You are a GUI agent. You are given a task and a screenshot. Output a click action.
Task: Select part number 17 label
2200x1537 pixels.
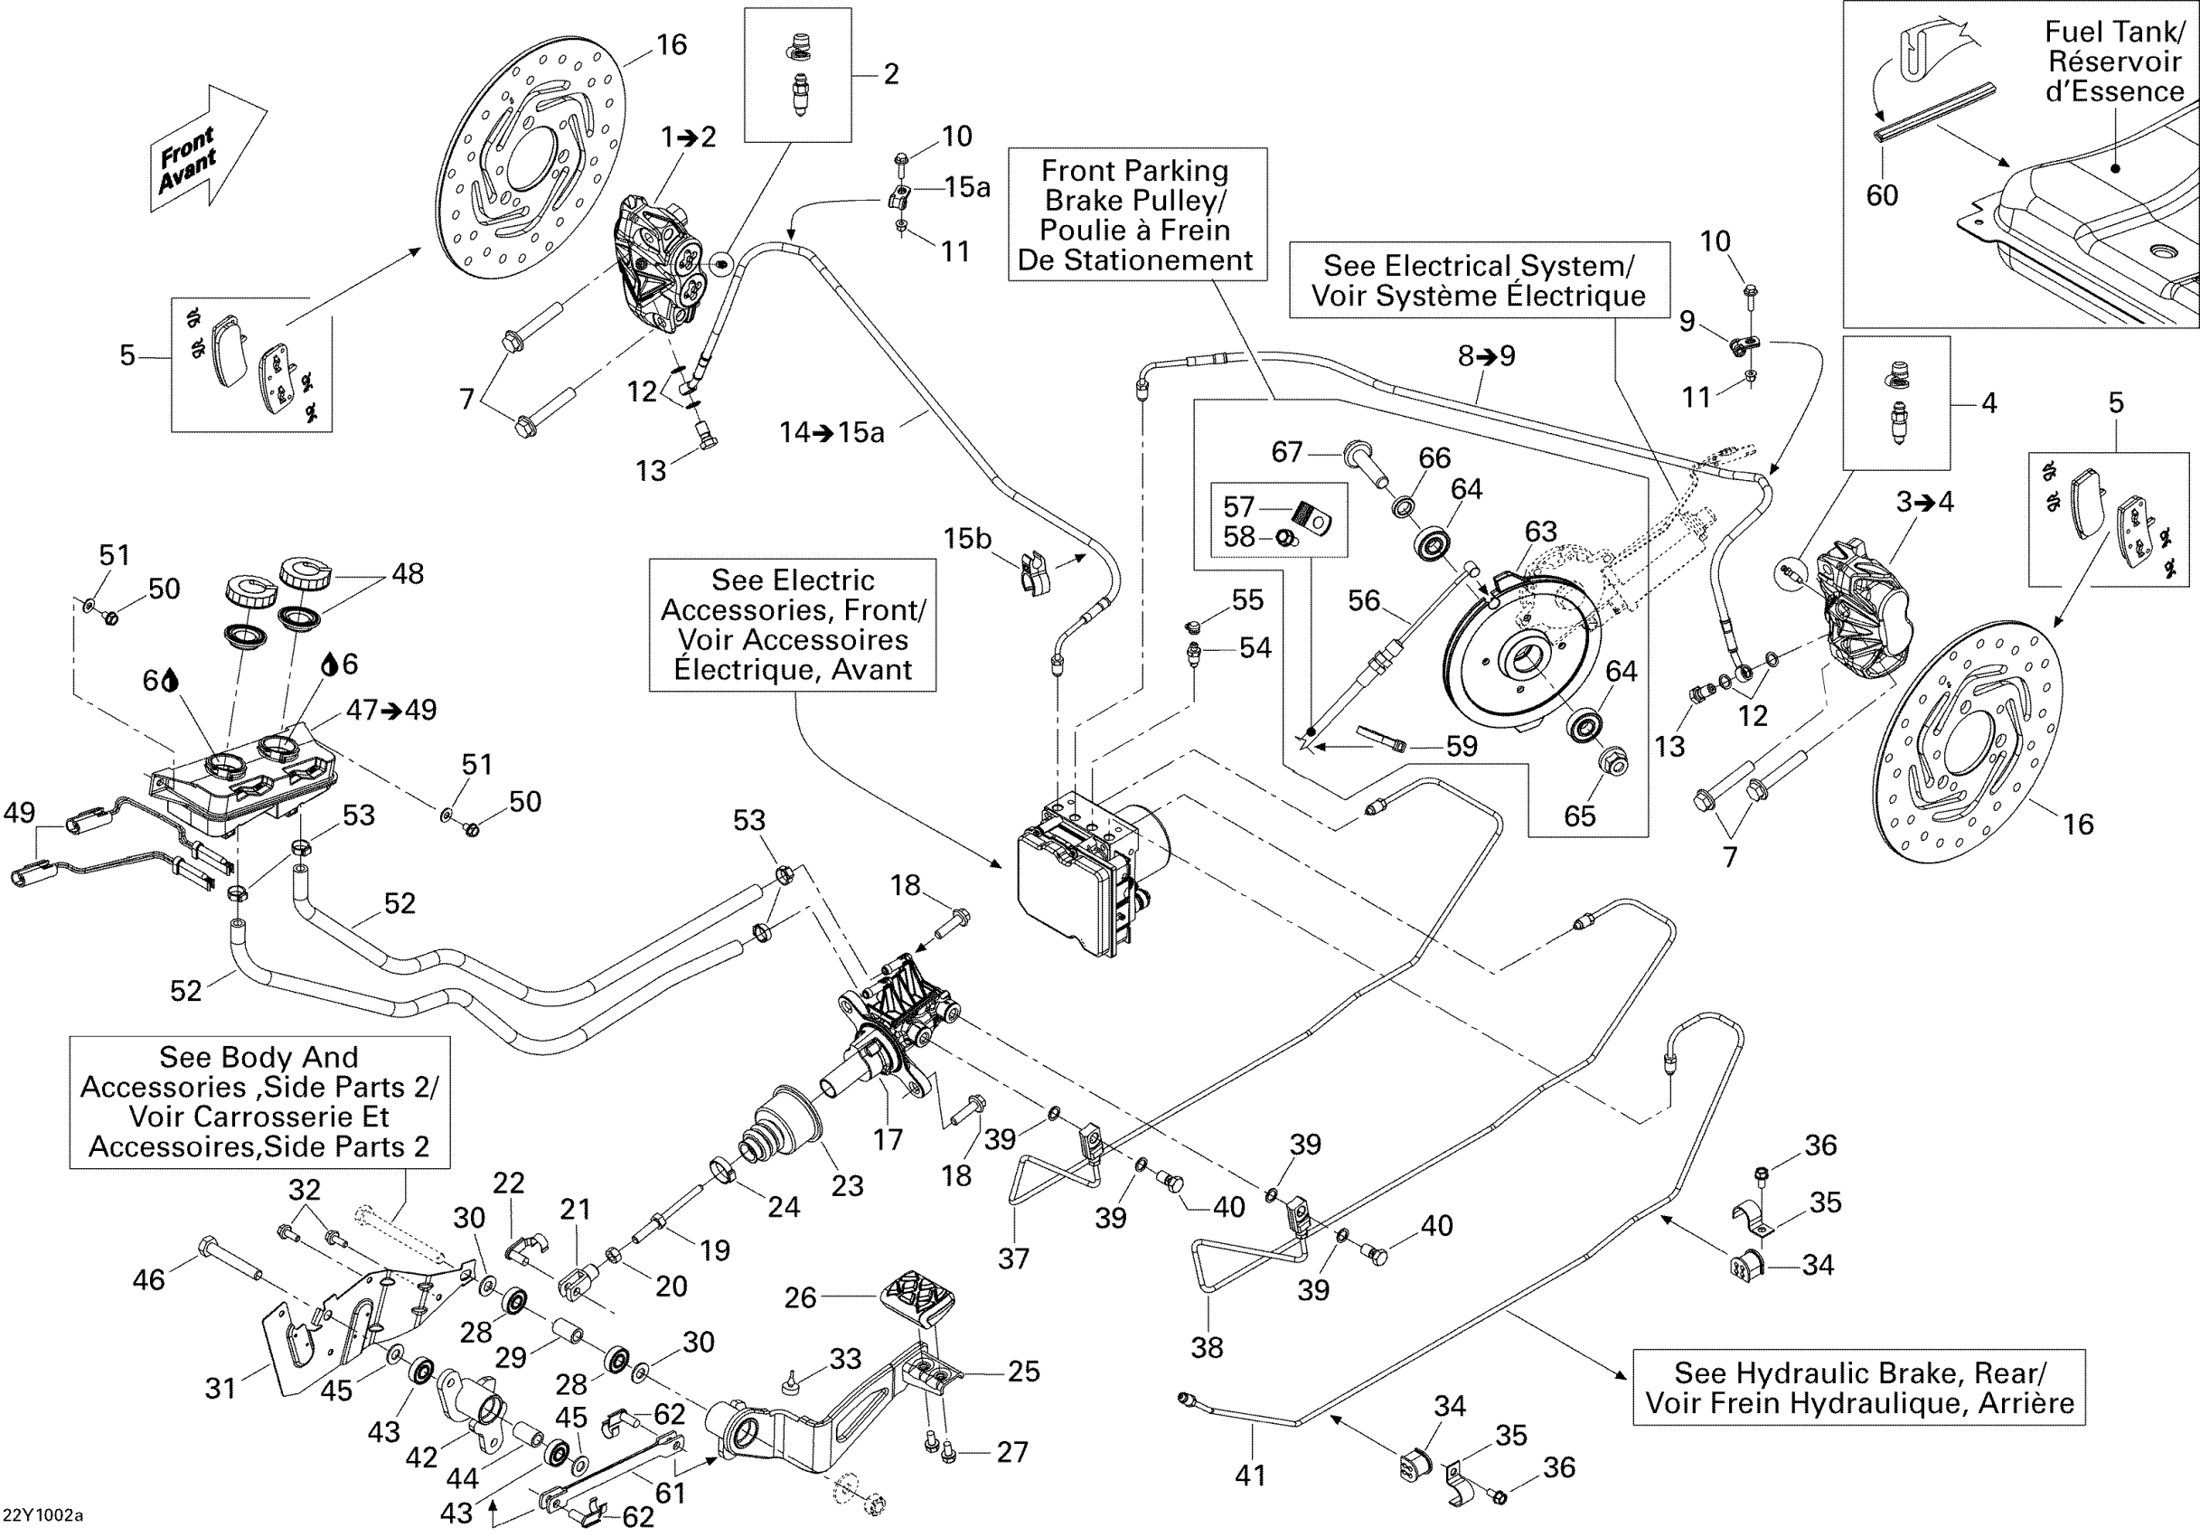tap(888, 1138)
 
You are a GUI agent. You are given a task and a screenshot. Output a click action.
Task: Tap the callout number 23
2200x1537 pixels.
tap(847, 1185)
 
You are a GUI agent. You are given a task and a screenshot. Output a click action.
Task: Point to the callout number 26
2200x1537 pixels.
tap(800, 1297)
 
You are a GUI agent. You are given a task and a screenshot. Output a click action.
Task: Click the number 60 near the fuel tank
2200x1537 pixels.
tap(1882, 195)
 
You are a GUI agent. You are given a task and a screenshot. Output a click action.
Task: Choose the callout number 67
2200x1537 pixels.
tap(1287, 451)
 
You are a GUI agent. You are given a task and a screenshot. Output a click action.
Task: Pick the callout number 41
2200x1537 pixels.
tap(1249, 1475)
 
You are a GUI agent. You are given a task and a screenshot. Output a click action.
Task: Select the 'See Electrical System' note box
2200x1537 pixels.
tap(1479, 281)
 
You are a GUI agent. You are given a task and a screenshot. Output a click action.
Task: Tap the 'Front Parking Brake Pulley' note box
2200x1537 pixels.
tap(1136, 214)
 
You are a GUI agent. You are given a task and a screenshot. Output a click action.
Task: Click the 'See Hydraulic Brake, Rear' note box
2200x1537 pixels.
tap(1859, 1387)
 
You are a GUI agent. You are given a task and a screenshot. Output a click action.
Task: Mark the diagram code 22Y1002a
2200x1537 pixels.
tap(43, 1515)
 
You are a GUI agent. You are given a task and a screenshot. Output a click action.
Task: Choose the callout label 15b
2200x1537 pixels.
tap(967, 539)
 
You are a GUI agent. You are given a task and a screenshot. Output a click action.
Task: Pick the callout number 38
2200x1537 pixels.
tap(1207, 1347)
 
